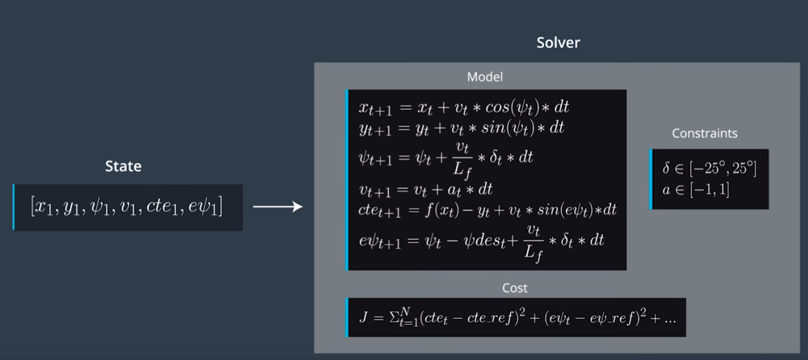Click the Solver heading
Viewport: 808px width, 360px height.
coord(558,43)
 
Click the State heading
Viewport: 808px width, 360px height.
coord(123,166)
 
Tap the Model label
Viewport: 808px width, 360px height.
coord(485,77)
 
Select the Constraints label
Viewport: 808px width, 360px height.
coord(705,134)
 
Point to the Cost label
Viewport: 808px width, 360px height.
coord(514,288)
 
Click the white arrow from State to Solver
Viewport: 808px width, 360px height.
coord(277,207)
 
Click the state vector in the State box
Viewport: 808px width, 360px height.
coord(127,207)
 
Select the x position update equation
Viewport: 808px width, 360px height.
coord(464,107)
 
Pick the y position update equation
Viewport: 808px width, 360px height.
coord(461,128)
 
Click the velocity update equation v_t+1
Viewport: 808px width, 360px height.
coord(425,189)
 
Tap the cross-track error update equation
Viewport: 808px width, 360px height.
coord(487,210)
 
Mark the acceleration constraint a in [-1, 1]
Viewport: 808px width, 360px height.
coord(696,190)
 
